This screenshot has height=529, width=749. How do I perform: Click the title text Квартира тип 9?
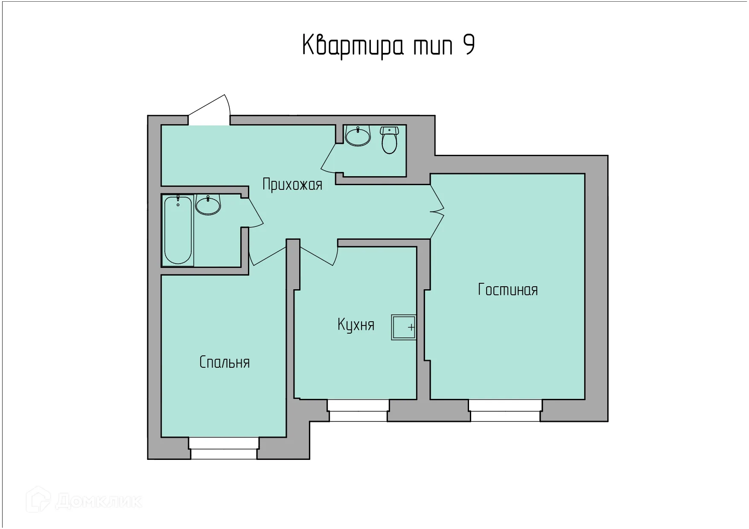(388, 46)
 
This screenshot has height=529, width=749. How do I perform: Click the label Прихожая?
(292, 185)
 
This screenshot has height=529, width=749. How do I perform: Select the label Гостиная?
(507, 290)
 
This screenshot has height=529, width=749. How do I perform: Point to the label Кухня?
(356, 325)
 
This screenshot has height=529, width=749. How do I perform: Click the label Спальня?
(224, 362)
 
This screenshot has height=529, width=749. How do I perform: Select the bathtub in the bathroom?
(178, 230)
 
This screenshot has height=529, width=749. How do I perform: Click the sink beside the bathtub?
(208, 205)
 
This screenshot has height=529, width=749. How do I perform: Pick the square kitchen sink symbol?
(403, 327)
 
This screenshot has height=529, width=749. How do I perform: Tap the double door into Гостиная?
(437, 211)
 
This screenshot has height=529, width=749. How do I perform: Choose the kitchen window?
(358, 410)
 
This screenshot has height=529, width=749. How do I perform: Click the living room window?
(505, 410)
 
